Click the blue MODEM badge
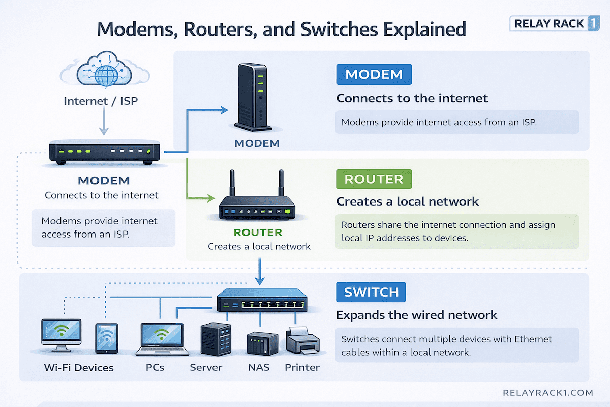coord(374,74)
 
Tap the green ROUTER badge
coord(374,179)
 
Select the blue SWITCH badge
coord(371,293)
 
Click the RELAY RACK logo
coord(555,23)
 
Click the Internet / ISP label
coord(101,101)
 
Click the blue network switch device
coord(261,300)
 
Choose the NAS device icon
coord(262,344)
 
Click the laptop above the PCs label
coord(161,338)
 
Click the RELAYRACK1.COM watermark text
coord(547,393)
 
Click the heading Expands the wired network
coord(416,315)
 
